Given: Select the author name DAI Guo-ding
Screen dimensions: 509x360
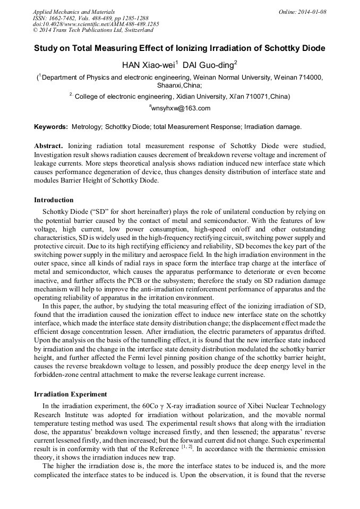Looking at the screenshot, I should (x=209, y=66).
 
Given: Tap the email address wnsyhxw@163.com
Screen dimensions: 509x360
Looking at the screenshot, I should (x=182, y=108).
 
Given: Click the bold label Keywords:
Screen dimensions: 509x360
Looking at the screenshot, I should (x=51, y=127).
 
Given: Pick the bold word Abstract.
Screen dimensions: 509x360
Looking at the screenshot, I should (x=48, y=145).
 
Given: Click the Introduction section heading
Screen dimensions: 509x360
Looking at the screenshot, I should (x=54, y=200).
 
